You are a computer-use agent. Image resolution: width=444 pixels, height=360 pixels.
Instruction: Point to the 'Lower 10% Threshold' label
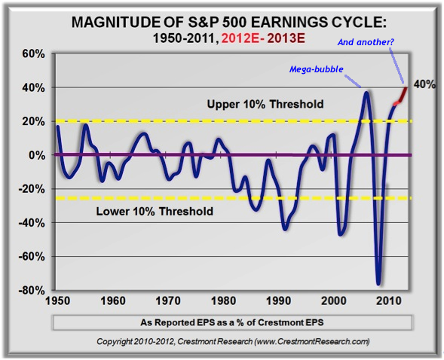click(155, 212)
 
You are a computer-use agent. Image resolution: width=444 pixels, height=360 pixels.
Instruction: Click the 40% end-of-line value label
click(424, 85)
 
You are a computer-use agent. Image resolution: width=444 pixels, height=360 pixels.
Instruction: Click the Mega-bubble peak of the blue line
click(366, 93)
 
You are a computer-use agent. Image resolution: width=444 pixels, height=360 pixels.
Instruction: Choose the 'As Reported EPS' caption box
click(231, 322)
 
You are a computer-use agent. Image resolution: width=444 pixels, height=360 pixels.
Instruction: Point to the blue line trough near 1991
click(285, 228)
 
